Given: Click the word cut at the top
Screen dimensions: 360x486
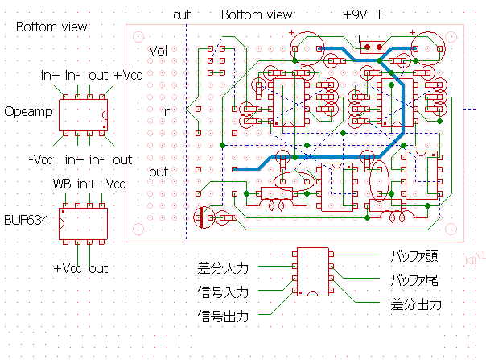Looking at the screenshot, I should [x=181, y=15].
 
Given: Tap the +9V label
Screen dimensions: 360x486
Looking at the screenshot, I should [x=355, y=15].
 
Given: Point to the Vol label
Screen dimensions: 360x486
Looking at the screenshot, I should [x=159, y=51].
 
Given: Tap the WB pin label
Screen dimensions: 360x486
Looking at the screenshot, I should [x=62, y=184].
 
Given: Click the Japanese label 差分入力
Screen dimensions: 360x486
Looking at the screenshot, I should [x=223, y=268].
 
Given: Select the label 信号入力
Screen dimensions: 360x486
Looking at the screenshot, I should [x=223, y=292].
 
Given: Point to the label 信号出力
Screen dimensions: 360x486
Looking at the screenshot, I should [x=223, y=316].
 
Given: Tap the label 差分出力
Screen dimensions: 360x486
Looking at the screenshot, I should [x=415, y=305].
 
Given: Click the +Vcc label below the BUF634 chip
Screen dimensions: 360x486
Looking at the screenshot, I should [x=69, y=268].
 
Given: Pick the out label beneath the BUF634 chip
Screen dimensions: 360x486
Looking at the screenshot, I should [x=98, y=268].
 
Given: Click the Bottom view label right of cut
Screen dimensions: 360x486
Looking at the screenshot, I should [x=256, y=15].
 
